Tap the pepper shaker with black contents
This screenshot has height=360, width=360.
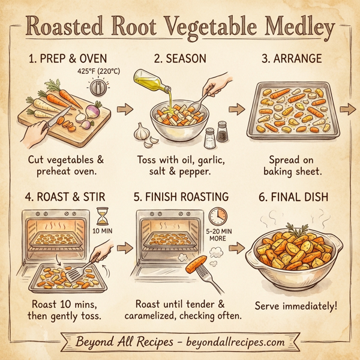click(222, 130)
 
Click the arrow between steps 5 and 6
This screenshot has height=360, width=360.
click(235, 247)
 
